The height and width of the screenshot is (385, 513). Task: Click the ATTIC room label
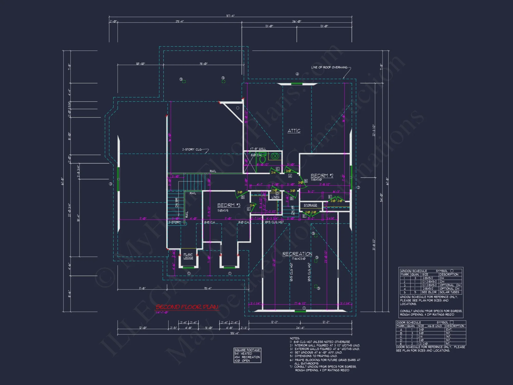[x=294, y=131]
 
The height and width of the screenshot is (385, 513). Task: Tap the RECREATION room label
[x=297, y=254]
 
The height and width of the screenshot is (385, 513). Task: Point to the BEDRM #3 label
[x=229, y=205]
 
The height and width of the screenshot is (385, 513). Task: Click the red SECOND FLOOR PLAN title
[x=187, y=307]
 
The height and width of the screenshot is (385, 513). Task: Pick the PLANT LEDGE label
[x=188, y=256]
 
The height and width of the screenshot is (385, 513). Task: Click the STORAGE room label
[x=310, y=205]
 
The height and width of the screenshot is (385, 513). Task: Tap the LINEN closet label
[x=275, y=197]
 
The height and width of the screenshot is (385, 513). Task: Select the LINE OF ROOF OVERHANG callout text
[x=329, y=68]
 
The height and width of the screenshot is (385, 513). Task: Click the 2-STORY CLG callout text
[x=192, y=149]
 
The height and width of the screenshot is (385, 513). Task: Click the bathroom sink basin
[x=275, y=156]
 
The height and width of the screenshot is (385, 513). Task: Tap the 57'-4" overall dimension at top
[x=230, y=16]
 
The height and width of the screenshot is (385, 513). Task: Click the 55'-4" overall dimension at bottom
[x=234, y=333]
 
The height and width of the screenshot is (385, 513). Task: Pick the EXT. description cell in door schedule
[x=449, y=330]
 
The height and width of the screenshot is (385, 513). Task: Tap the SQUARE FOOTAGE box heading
[x=247, y=350]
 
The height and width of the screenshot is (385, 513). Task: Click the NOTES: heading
[x=295, y=338]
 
